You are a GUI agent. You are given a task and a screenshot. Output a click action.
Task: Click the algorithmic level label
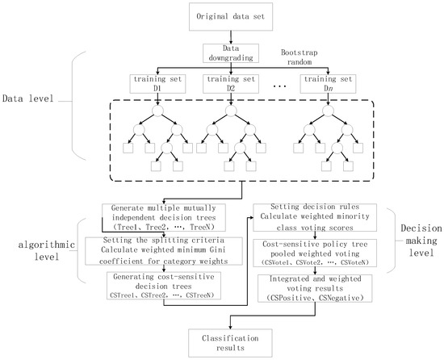click(40, 245)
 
